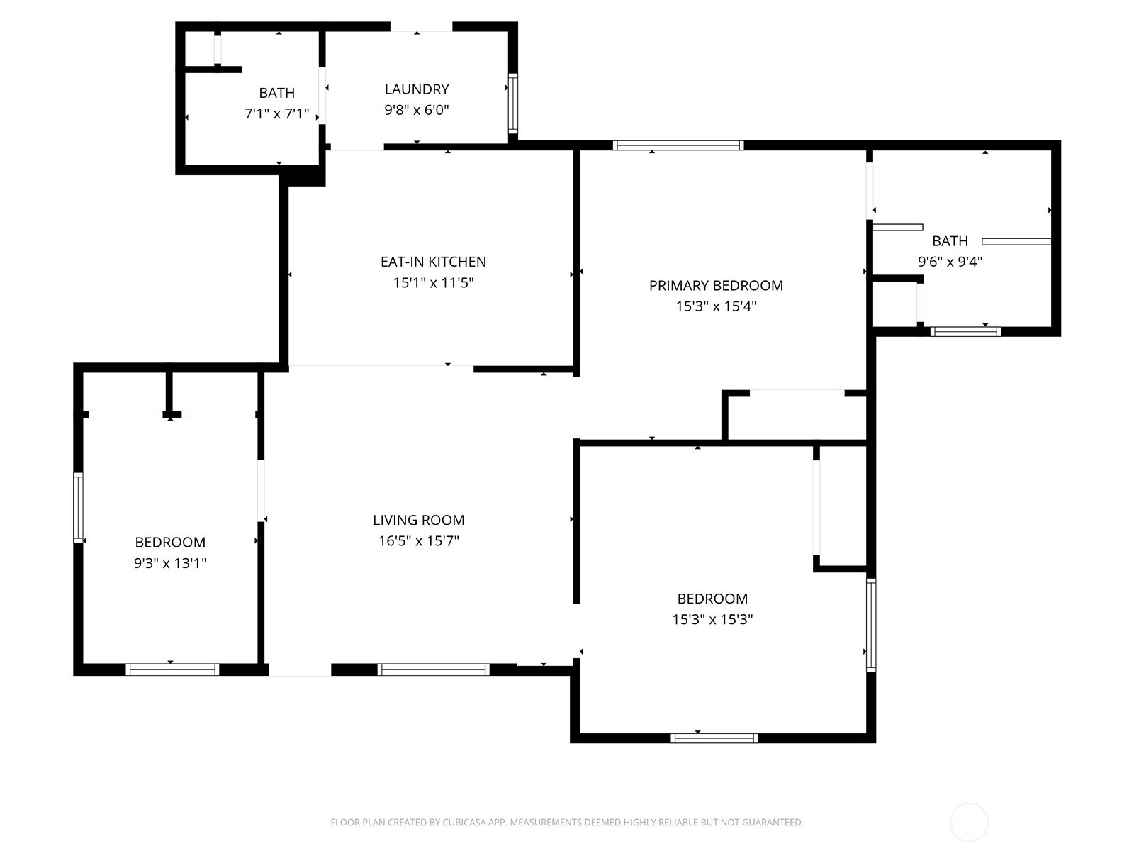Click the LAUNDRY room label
click(x=417, y=89)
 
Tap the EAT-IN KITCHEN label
click(x=433, y=262)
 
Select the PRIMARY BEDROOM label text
click(x=716, y=286)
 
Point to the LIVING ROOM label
click(x=418, y=521)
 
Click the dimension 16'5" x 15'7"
click(x=418, y=541)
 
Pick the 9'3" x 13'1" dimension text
click(x=170, y=563)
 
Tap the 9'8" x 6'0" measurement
click(x=417, y=110)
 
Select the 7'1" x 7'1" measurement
click(x=276, y=113)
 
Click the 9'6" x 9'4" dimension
click(x=950, y=262)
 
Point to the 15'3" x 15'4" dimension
click(x=716, y=306)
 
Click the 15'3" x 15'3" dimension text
click(x=712, y=620)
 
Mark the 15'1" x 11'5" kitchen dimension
click(x=433, y=283)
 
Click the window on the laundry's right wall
click(x=513, y=104)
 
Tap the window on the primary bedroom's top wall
click(x=678, y=145)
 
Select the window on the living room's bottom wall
click(x=433, y=669)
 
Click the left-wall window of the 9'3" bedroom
click(x=78, y=507)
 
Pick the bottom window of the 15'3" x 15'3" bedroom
click(x=714, y=738)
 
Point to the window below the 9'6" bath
click(x=965, y=332)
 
